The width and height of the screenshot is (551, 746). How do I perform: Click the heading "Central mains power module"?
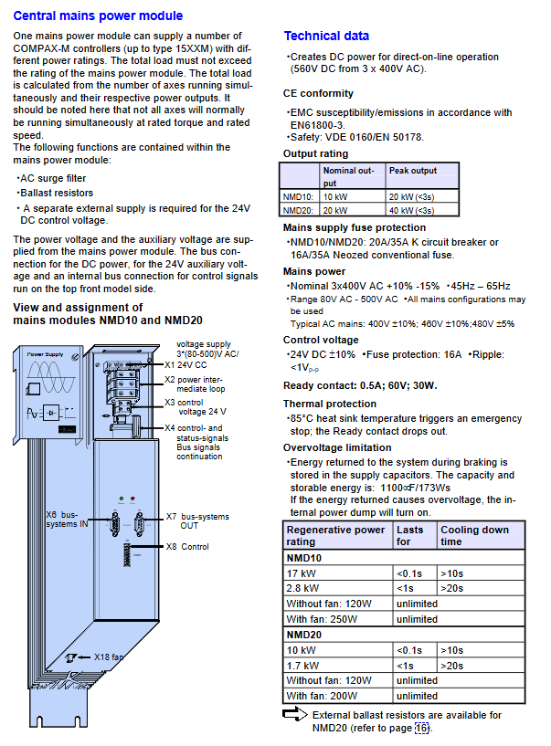98,16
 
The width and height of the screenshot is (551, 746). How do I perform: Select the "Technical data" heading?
326,36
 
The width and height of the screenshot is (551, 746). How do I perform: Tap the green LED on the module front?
121,499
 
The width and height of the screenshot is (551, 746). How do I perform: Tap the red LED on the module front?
133,499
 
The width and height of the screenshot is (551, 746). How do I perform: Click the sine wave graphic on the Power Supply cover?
50,377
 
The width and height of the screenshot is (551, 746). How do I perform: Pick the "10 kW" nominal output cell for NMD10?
335,196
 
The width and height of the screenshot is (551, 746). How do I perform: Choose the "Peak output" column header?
413,170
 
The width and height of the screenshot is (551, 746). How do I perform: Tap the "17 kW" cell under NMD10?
302,573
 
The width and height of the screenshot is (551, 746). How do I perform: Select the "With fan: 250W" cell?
323,619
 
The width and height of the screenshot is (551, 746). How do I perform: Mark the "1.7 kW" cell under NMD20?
303,665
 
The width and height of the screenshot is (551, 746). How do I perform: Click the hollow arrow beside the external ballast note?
295,715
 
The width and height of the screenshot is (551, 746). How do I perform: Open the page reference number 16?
421,728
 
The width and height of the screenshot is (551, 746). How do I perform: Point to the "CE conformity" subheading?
318,93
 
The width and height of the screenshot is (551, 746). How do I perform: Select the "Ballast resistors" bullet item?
54,194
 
